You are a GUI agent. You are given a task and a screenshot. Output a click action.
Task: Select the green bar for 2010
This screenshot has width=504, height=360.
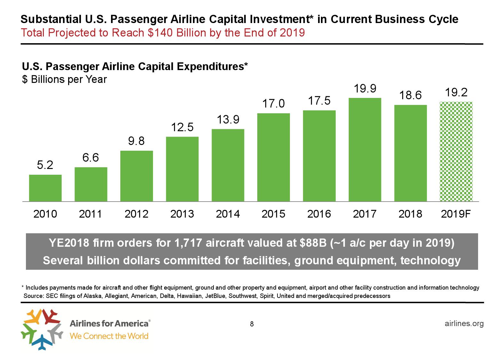pos(45,188)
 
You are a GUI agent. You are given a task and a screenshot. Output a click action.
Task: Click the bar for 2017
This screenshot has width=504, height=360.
pos(365,149)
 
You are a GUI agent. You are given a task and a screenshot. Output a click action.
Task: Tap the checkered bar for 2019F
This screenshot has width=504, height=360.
pos(456,152)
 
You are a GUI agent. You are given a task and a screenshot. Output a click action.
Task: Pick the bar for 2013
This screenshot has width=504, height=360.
pos(182,169)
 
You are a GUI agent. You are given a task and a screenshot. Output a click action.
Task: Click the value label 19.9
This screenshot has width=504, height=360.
pos(365,88)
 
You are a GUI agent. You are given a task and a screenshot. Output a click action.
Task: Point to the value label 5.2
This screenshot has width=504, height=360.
pos(45,165)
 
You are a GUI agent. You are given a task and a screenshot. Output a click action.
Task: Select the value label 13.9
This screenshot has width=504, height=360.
pos(228,119)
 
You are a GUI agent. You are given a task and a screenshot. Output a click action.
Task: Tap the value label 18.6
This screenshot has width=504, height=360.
pos(411,95)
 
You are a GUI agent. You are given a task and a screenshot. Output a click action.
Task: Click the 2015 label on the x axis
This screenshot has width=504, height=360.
pos(274,214)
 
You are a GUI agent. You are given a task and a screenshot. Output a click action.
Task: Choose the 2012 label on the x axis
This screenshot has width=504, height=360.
pos(137,214)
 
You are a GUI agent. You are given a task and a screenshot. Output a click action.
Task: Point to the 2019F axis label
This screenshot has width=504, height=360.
pos(456,214)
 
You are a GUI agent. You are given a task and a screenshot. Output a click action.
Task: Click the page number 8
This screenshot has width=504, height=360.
pos(252,324)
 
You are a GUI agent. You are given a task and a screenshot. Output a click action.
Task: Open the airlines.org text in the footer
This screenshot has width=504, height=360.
pos(464,324)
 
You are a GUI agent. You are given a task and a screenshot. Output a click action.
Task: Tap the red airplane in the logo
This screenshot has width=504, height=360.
pos(52,317)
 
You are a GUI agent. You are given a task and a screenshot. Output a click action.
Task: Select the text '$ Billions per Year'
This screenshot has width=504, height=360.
pos(64,79)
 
